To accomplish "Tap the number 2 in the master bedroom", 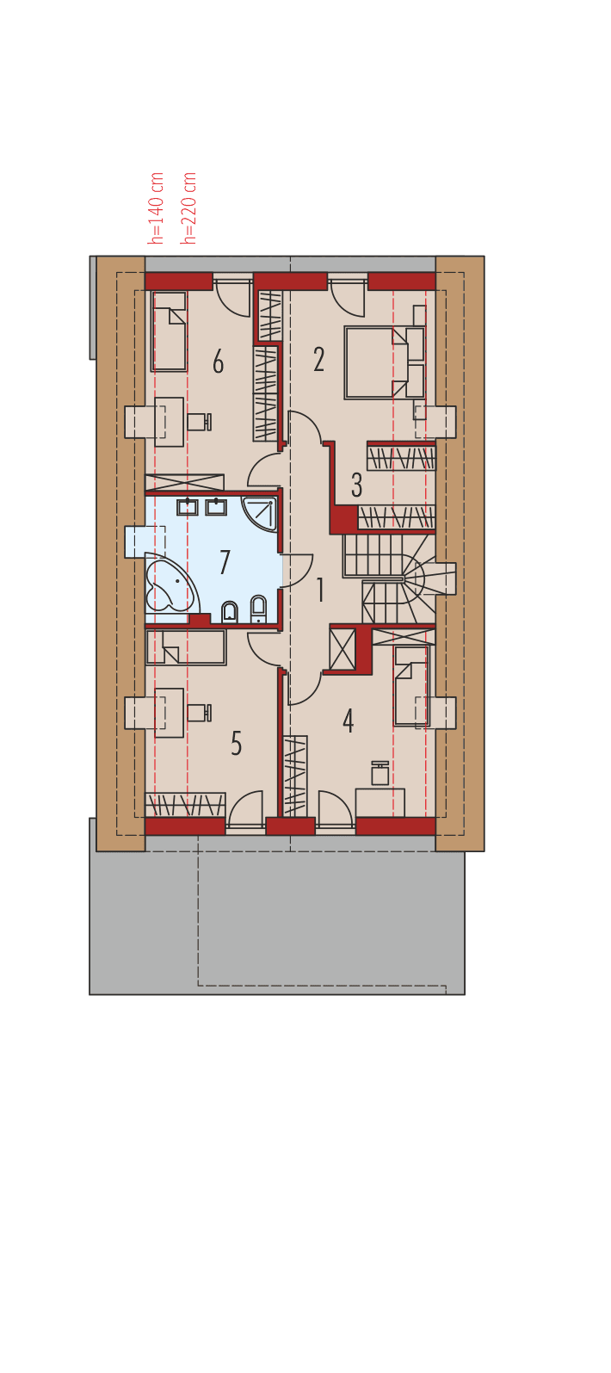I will (x=319, y=360).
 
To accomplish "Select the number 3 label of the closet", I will (x=356, y=485).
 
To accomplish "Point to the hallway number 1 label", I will (x=320, y=591).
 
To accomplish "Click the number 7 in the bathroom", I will (x=225, y=563).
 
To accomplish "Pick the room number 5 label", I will (x=237, y=744).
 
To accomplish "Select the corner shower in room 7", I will (x=262, y=512).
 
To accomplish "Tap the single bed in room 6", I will (x=170, y=331).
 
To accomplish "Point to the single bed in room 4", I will (x=410, y=686).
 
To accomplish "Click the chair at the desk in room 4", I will (x=380, y=774).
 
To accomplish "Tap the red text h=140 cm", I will (x=157, y=207).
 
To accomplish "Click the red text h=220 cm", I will (x=190, y=207).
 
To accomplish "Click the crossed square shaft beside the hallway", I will (x=342, y=649).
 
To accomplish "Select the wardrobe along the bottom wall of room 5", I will (x=185, y=805).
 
